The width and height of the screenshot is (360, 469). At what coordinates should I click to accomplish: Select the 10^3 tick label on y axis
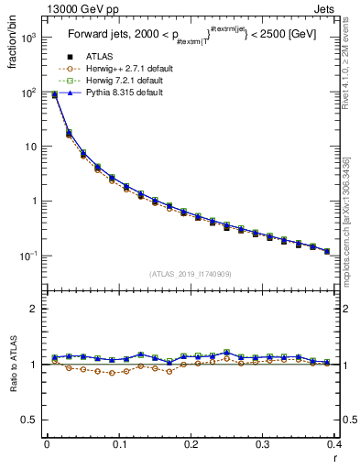coord(30,38)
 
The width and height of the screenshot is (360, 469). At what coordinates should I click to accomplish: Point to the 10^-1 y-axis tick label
coord(29,256)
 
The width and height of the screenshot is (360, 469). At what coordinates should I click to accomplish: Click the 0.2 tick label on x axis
coord(191,444)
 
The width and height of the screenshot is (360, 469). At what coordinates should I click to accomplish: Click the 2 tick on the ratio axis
coord(35,309)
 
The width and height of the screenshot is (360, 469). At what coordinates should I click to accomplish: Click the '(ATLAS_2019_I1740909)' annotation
coord(191,274)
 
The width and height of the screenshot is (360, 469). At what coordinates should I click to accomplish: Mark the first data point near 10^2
coord(54,94)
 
